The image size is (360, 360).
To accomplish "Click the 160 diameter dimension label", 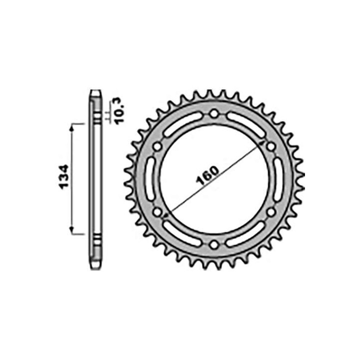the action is point(208,175).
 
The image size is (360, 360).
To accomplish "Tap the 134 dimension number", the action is point(64,177).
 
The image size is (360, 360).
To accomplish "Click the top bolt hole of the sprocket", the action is point(214,113).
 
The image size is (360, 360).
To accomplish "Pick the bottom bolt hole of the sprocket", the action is point(214,244).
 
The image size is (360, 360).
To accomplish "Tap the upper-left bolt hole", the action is point(157,146).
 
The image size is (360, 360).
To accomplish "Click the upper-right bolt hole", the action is point(271,146).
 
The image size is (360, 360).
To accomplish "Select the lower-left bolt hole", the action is point(157,212).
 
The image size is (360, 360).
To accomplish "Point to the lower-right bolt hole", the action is point(271,212).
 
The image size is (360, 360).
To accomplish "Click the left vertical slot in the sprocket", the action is point(150,179).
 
